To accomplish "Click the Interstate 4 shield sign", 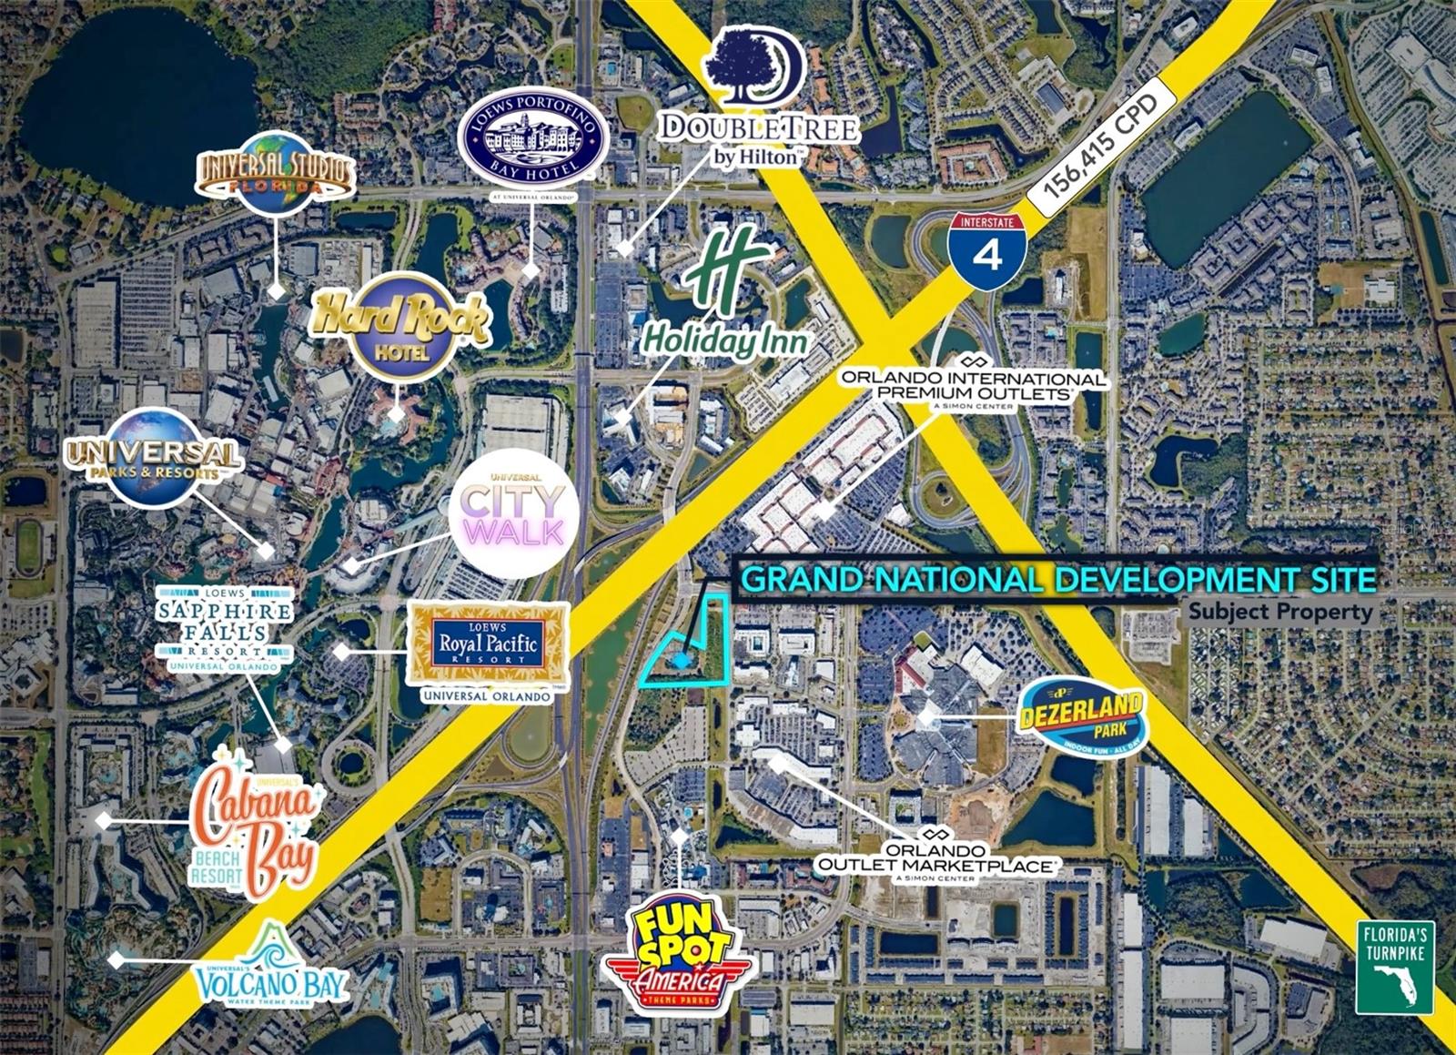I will (x=986, y=245).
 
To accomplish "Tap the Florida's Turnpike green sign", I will (x=1394, y=967).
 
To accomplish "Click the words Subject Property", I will (x=1279, y=612).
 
